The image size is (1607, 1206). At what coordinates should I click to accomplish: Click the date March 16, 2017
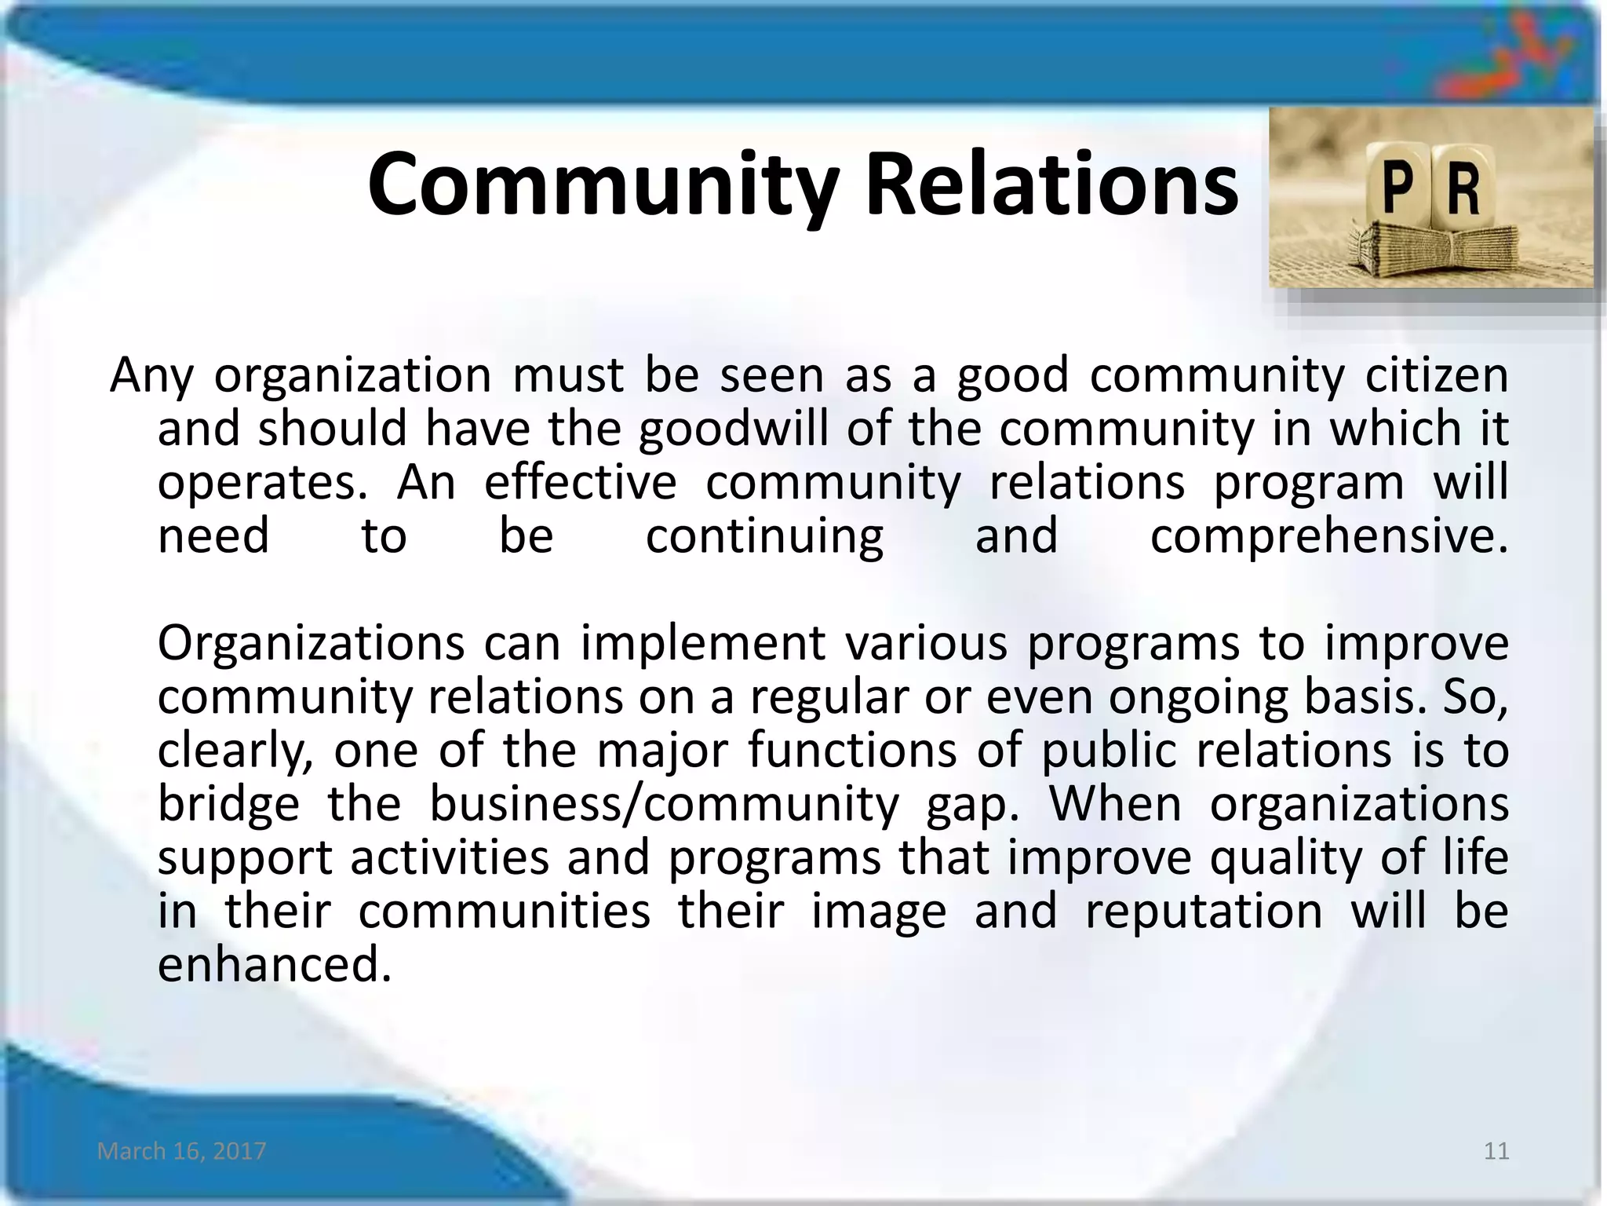pos(182,1151)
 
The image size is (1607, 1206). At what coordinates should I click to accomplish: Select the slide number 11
pos(1497,1151)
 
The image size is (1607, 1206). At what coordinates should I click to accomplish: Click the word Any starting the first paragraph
pos(151,375)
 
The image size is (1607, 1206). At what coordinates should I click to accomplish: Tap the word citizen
pos(1437,375)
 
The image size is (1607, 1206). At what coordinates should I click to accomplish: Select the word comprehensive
pos(1328,536)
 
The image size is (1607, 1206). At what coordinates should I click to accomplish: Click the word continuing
pos(764,536)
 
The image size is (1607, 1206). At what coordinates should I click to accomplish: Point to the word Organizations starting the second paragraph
pos(312,643)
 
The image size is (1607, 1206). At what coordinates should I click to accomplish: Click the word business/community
pos(664,804)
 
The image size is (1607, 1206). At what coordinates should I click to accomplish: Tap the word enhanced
pos(274,964)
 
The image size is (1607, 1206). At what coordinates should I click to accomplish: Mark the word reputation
pos(1204,911)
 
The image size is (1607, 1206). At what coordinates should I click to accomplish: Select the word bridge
pos(228,804)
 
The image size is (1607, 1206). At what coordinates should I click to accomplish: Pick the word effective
pos(580,482)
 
